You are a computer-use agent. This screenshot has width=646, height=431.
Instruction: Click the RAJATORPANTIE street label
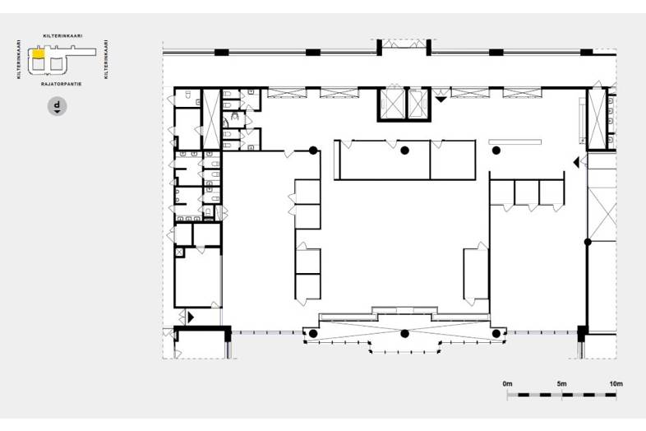(61, 84)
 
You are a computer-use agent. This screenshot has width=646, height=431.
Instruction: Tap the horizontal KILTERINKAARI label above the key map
(62, 36)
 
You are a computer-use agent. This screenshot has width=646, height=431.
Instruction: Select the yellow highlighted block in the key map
(39, 53)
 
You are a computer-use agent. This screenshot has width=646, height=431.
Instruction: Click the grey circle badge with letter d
(58, 106)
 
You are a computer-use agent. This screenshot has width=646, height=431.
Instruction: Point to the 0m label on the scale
(507, 384)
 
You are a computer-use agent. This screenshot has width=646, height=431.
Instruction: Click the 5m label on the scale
(562, 384)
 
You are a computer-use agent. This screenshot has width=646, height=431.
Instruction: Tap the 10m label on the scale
(616, 384)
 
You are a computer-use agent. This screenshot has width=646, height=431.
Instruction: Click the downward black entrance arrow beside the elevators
(441, 100)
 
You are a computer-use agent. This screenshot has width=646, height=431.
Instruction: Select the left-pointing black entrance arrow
(576, 163)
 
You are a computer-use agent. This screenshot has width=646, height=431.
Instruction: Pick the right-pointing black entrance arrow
(191, 317)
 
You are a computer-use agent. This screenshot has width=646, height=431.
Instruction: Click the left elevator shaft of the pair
(392, 104)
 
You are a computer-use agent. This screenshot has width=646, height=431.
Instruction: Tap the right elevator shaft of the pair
(418, 104)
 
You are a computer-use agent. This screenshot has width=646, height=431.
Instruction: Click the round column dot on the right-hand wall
(588, 242)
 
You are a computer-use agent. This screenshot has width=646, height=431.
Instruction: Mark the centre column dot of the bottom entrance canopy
(404, 333)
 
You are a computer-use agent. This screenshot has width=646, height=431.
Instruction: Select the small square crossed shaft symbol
(179, 252)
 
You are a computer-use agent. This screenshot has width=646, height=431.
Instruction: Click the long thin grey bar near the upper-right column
(514, 141)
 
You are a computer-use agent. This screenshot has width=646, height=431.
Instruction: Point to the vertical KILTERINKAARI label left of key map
(19, 59)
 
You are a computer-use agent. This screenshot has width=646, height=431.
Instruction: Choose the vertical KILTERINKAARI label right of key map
(106, 59)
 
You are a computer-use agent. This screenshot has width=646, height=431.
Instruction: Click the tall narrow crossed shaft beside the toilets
(211, 119)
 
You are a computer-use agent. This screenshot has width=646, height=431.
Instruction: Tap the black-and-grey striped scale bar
(561, 395)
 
